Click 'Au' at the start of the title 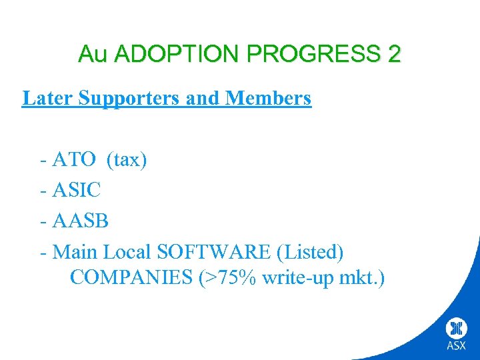93,54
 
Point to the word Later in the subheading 48,99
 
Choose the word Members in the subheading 269,99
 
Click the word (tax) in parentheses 127,161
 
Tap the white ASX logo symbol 457,328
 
